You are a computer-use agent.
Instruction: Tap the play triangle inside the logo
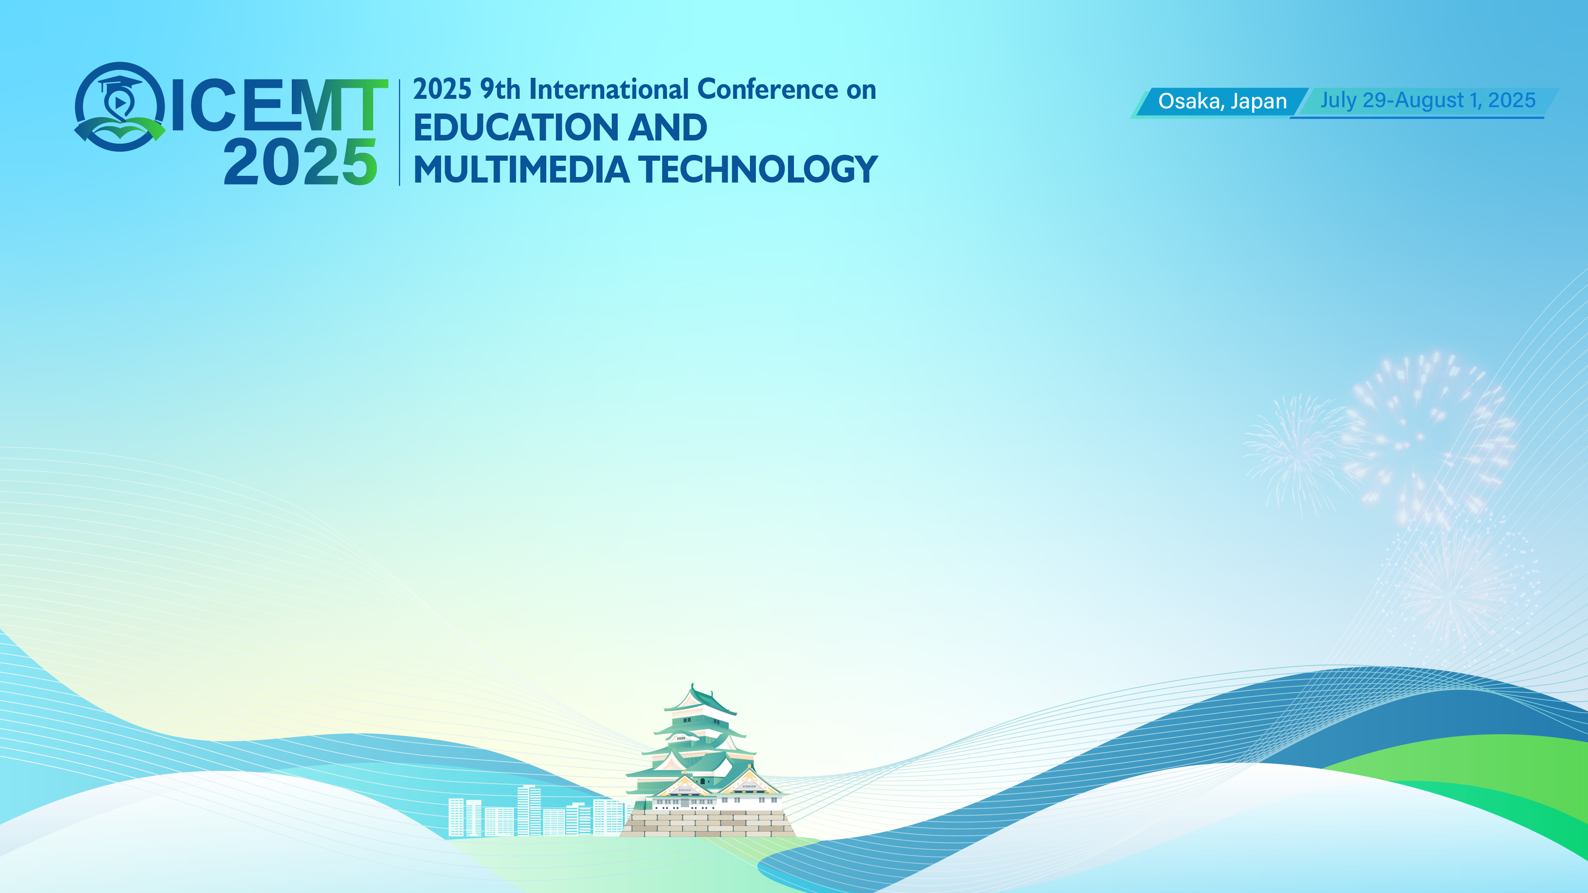point(120,102)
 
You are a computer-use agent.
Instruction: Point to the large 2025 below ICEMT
point(300,162)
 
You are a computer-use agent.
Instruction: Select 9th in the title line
point(500,89)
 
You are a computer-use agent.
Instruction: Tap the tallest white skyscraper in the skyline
point(529,810)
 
